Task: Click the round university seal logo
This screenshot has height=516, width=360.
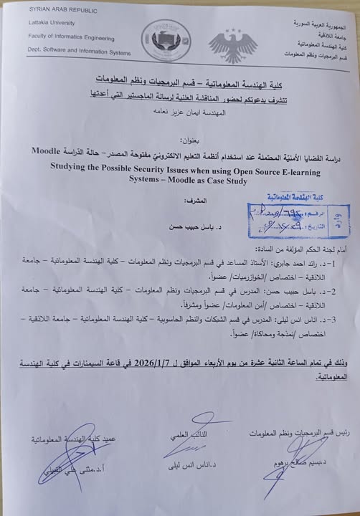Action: tap(162, 38)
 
